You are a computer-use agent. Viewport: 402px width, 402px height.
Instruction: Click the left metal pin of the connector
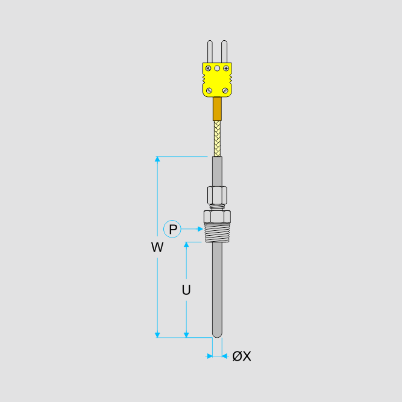coord(210,51)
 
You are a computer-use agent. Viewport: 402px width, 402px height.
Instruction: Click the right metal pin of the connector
coord(225,51)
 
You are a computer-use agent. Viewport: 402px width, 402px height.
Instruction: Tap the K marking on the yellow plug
coord(208,68)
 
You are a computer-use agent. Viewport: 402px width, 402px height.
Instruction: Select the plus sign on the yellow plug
coord(226,68)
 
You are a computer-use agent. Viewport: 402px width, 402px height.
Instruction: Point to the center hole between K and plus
coord(217,68)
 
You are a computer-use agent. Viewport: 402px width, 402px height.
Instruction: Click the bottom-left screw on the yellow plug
coord(209,91)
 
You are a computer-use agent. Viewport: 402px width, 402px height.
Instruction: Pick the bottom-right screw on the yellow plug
coord(225,91)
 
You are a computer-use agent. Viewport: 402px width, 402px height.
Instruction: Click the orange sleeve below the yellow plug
coord(217,109)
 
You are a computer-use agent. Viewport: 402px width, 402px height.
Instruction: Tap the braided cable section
coord(217,138)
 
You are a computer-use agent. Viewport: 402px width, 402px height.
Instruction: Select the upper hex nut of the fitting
coord(217,195)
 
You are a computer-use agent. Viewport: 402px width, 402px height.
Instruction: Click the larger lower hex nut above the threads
coord(217,217)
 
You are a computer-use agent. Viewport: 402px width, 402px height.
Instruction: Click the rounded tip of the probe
coord(217,335)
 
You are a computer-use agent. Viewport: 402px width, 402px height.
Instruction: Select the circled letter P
coord(172,229)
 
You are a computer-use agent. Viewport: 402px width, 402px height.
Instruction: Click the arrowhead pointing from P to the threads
coord(200,229)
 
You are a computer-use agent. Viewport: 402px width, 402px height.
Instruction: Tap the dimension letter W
coord(157,247)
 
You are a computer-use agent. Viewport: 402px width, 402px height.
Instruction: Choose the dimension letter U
coord(186,290)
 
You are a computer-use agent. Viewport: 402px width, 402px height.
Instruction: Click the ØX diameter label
coord(242,356)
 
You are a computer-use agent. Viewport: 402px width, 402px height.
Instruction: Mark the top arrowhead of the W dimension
coord(157,159)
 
